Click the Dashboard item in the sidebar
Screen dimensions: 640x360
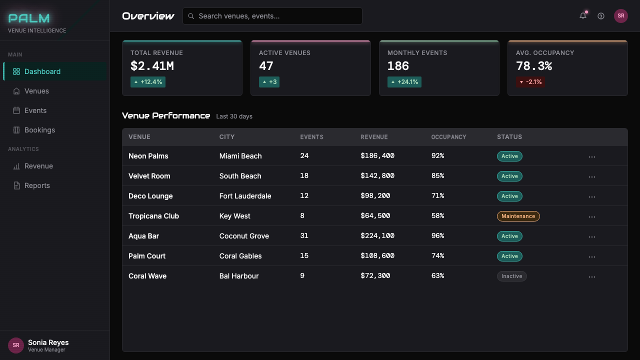pos(55,71)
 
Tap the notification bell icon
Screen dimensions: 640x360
pos(583,15)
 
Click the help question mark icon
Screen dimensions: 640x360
pos(601,16)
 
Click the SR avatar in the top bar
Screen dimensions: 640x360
pos(621,15)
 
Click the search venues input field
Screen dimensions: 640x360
pos(272,16)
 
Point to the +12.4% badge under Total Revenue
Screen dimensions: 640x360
pos(148,82)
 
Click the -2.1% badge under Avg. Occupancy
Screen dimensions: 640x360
pos(530,82)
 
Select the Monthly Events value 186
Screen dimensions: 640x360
pos(398,66)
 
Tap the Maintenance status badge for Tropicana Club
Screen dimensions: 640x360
pos(518,216)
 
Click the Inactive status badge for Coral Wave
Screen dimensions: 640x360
pos(511,276)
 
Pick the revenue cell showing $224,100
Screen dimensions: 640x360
pos(377,235)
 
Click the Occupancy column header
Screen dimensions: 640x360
pos(448,137)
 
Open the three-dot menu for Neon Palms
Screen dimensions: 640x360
pos(591,157)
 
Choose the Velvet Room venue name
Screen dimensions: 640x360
pos(149,176)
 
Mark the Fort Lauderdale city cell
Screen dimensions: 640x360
pos(245,196)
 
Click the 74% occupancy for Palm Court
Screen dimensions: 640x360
pos(437,255)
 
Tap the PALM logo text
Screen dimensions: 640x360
pos(29,18)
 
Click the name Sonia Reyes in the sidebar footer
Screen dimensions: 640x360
pos(48,342)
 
